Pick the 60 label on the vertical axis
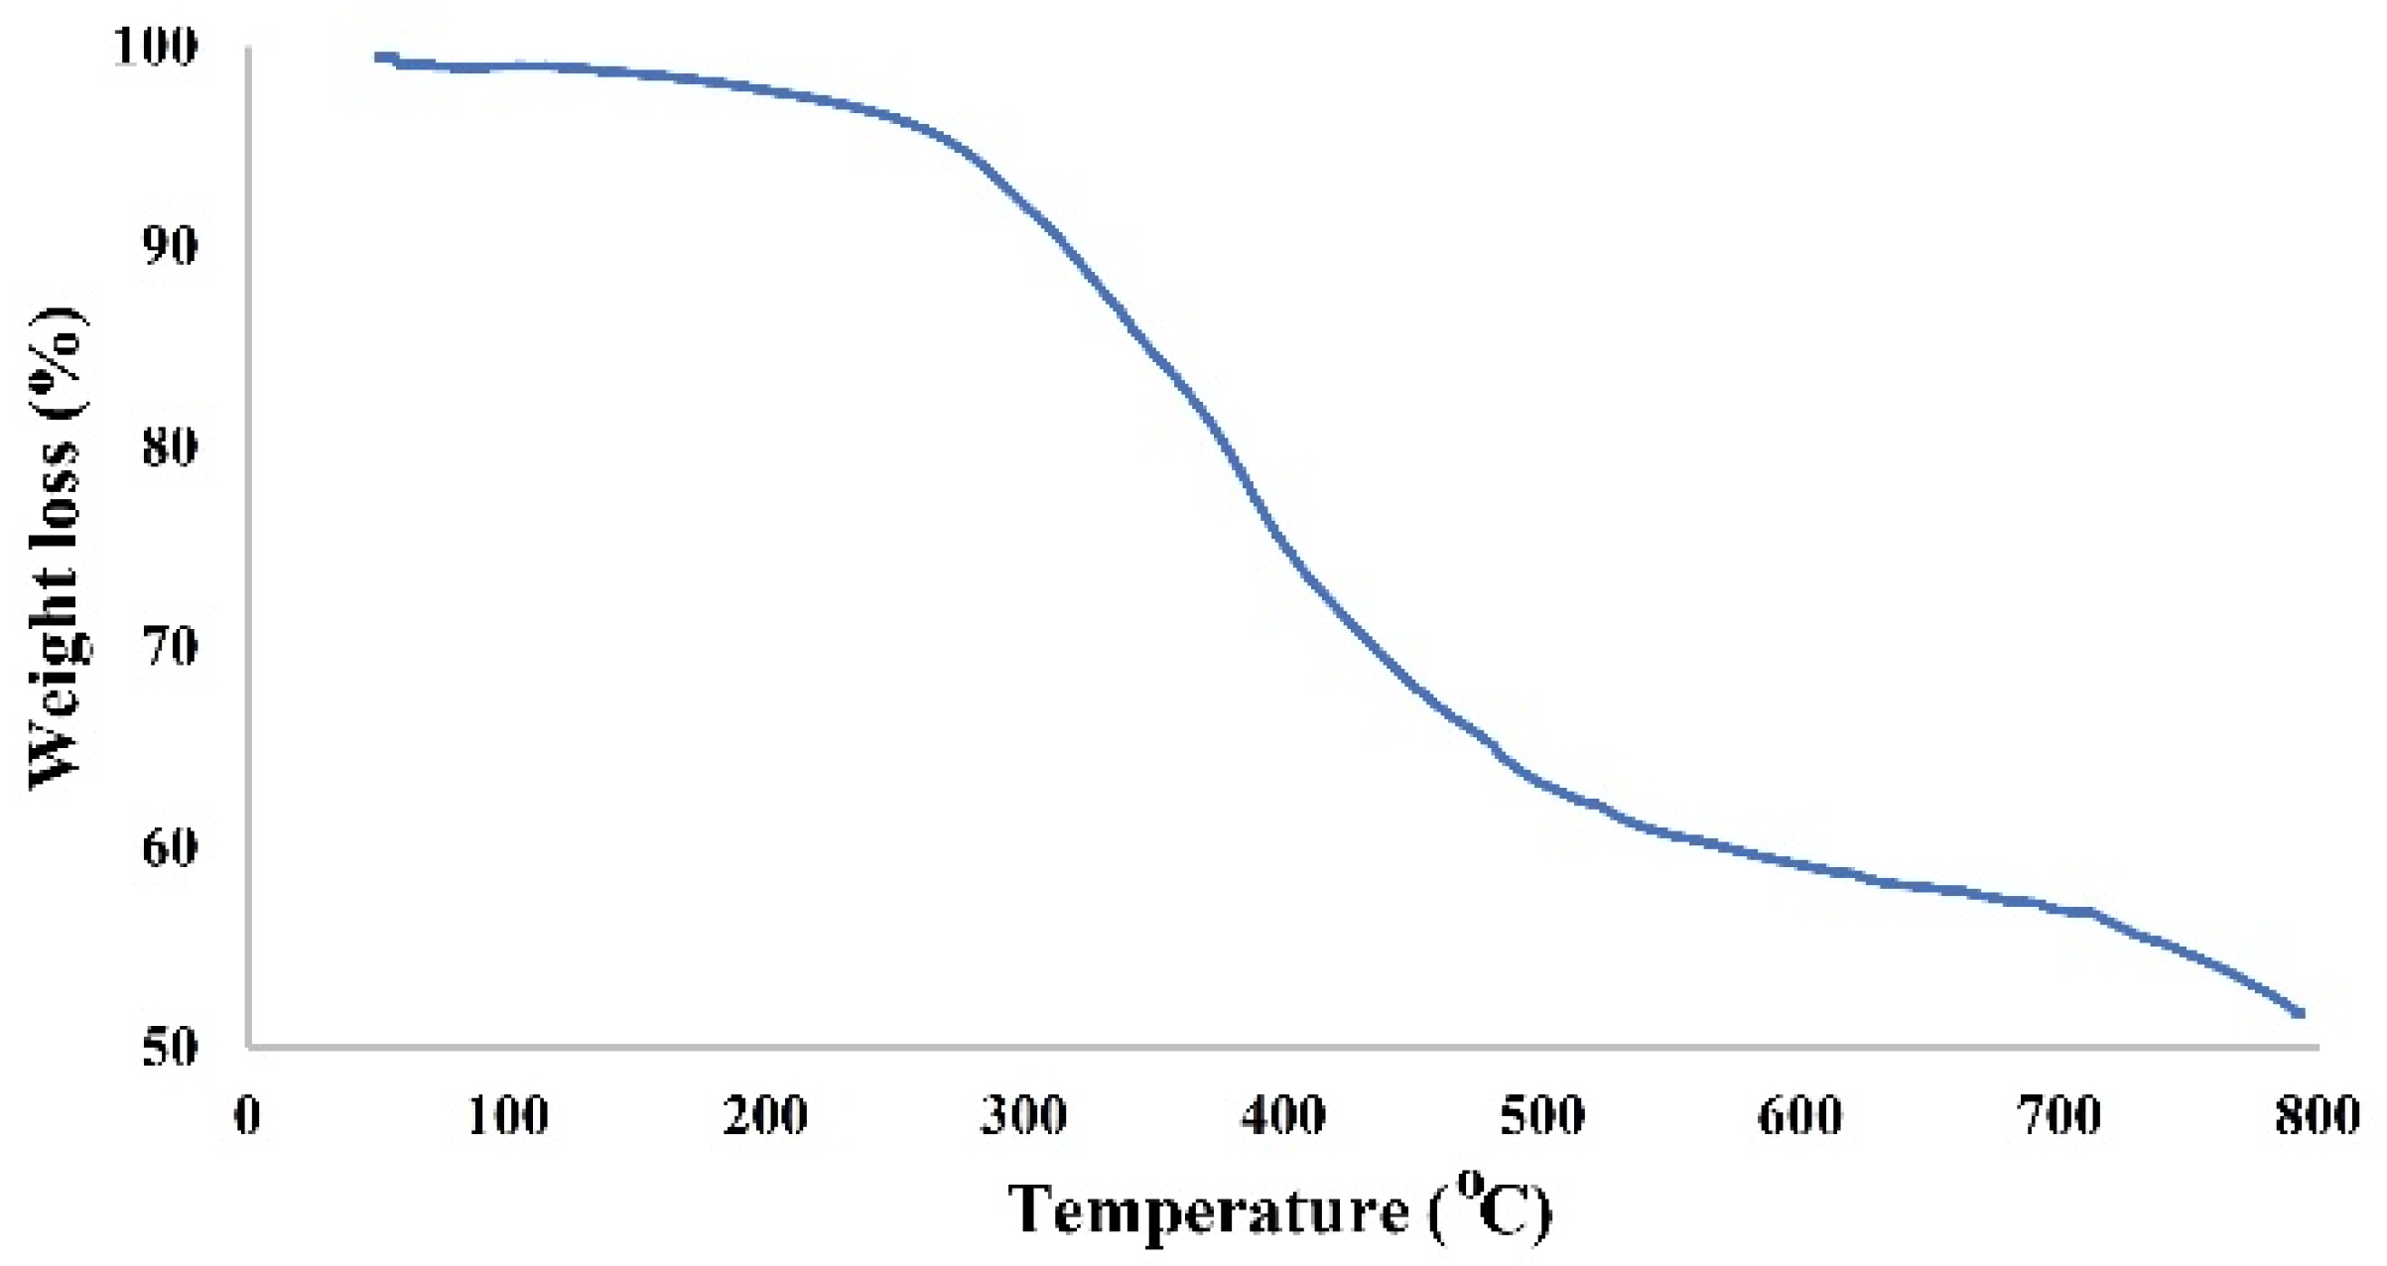tap(170, 847)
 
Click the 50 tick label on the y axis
tap(170, 1048)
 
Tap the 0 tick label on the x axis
tap(248, 1116)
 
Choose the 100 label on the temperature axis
tap(507, 1116)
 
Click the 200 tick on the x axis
tap(765, 1116)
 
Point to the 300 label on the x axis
tap(1024, 1116)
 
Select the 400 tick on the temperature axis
tap(1283, 1116)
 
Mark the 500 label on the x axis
tap(1541, 1116)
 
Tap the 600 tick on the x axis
tap(1800, 1116)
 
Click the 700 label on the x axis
tap(2059, 1116)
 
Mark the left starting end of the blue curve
tap(378, 58)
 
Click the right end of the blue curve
tap(2300, 1013)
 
